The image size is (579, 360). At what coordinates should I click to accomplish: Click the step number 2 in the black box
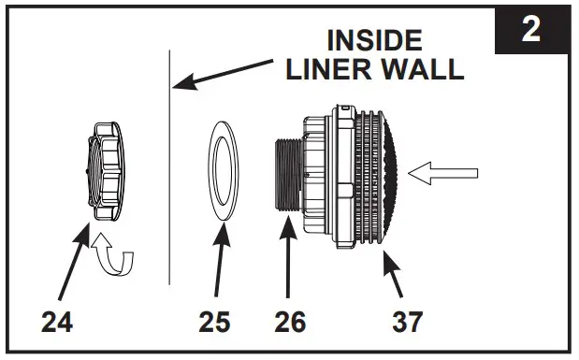pos(530,30)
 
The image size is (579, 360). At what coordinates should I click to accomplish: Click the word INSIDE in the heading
pos(373,40)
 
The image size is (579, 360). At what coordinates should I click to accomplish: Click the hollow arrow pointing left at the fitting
pos(447,173)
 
